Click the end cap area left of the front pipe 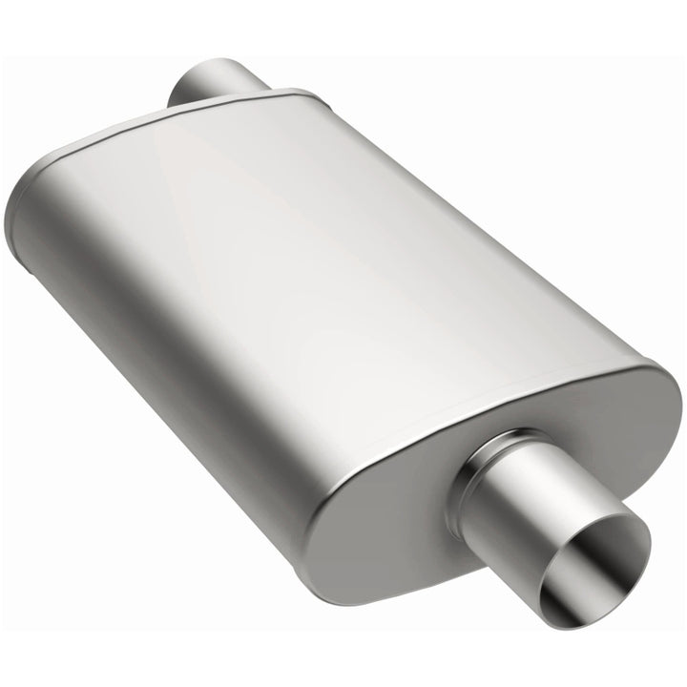[x=382, y=515]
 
